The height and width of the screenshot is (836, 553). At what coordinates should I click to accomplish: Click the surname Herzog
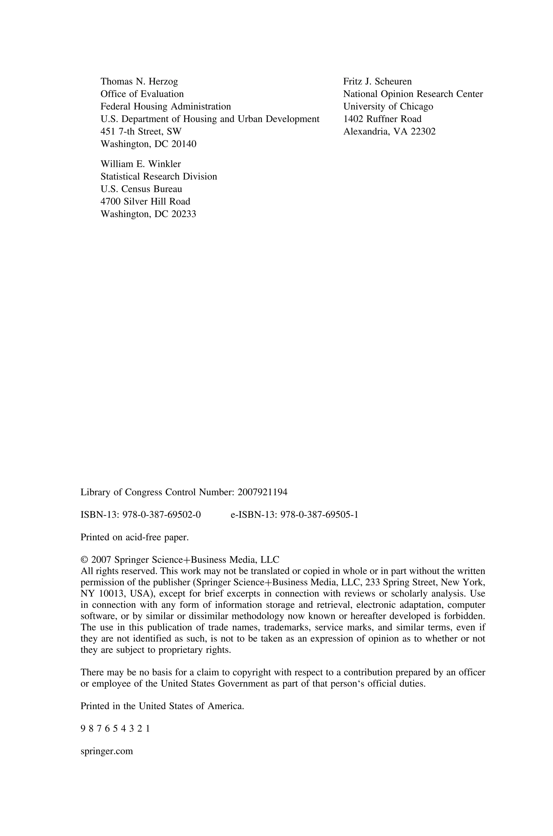[163, 82]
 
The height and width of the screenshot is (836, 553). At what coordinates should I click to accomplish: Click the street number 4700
[111, 202]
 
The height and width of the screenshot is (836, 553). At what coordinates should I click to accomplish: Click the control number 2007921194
[262, 492]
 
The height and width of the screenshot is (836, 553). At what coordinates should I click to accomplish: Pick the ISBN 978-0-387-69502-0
[161, 515]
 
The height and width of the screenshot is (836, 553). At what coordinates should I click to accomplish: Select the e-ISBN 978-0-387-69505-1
[319, 515]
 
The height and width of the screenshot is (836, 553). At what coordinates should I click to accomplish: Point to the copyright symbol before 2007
[84, 560]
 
